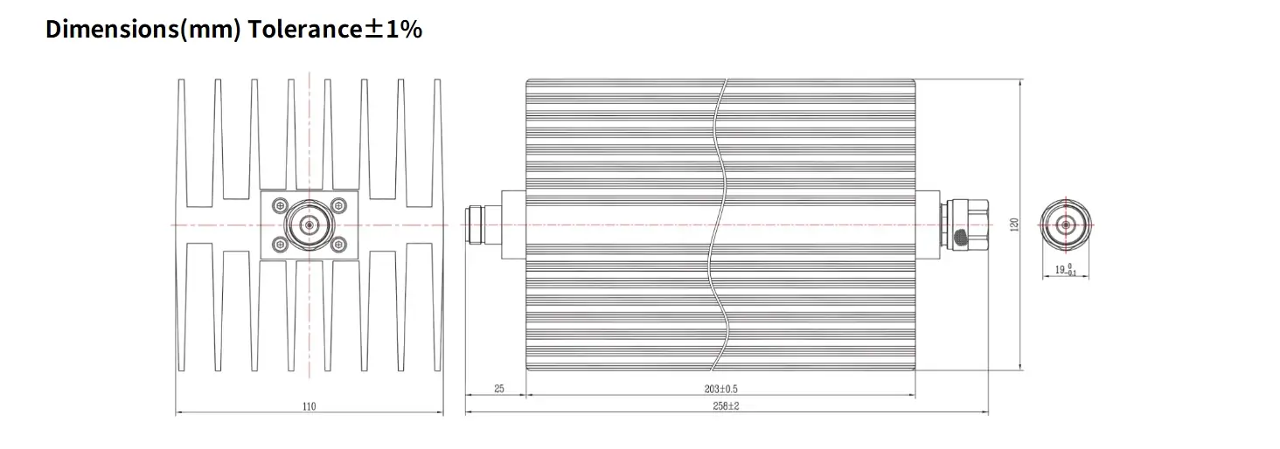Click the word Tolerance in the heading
click(x=305, y=29)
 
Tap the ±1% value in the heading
click(x=393, y=29)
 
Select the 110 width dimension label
click(x=310, y=407)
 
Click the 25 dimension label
click(x=499, y=389)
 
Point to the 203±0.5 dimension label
click(x=720, y=389)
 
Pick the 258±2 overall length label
click(x=726, y=406)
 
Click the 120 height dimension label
click(x=1014, y=224)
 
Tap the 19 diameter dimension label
click(x=1065, y=270)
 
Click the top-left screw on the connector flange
click(x=280, y=205)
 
